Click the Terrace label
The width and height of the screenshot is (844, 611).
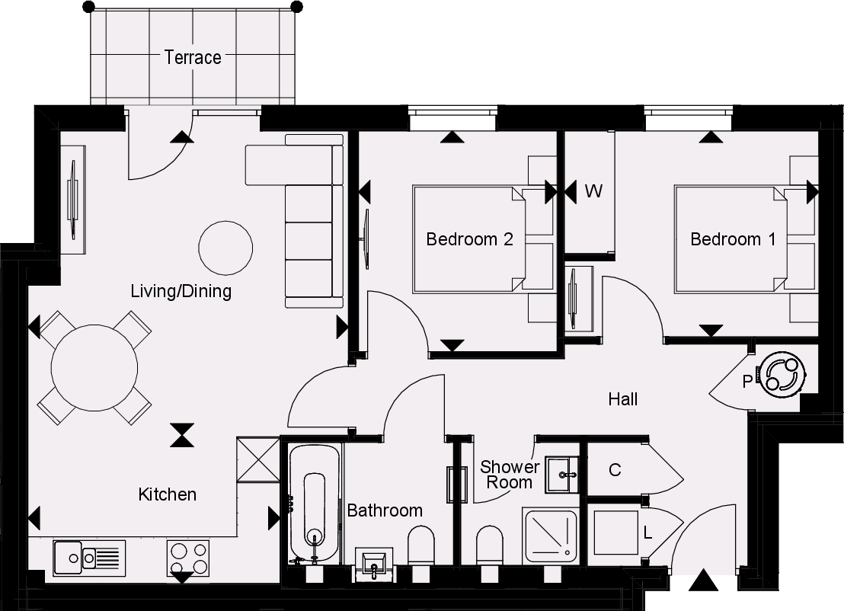[x=193, y=58]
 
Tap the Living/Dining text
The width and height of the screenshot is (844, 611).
[x=181, y=291]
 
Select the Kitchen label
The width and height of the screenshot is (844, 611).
[x=167, y=494]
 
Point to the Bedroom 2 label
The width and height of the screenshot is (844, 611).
[x=469, y=239]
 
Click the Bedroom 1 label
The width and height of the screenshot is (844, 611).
[x=733, y=239]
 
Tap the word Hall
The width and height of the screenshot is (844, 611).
[x=623, y=399]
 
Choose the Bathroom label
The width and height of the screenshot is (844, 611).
[x=385, y=510]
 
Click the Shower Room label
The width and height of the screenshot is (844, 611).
[x=509, y=475]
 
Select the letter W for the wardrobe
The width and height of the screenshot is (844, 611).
[x=593, y=191]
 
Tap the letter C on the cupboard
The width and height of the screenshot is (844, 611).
[x=615, y=470]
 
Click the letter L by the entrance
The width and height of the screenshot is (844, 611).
[x=647, y=533]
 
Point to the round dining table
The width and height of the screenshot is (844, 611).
[x=94, y=368]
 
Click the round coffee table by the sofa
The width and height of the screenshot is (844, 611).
[x=225, y=248]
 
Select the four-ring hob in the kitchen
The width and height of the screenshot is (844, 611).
[x=188, y=558]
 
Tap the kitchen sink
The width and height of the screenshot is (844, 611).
[x=89, y=558]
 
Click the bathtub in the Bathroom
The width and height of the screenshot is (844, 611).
[x=315, y=504]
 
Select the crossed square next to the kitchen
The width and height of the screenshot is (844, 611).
[x=257, y=459]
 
